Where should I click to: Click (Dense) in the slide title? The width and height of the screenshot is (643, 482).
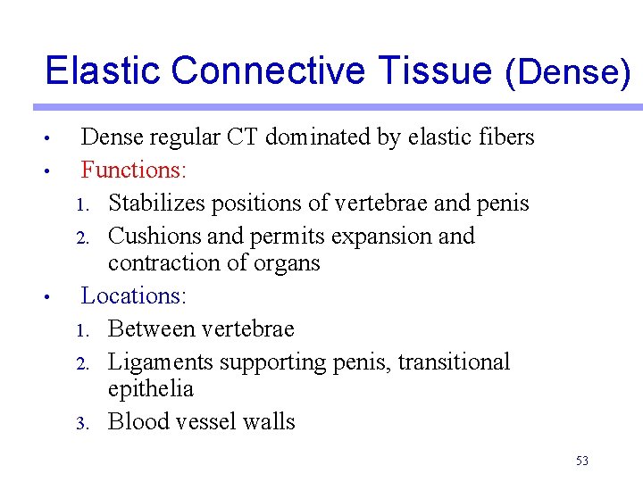click(568, 71)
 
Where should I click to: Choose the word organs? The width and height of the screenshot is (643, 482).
click(285, 264)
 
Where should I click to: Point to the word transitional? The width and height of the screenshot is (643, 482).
click(454, 361)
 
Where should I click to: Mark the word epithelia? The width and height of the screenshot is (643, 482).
click(150, 389)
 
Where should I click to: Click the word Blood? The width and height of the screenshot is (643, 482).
click(134, 421)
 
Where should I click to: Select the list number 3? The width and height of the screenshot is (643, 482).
click(79, 423)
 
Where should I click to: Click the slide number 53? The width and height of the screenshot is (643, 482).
click(582, 461)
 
